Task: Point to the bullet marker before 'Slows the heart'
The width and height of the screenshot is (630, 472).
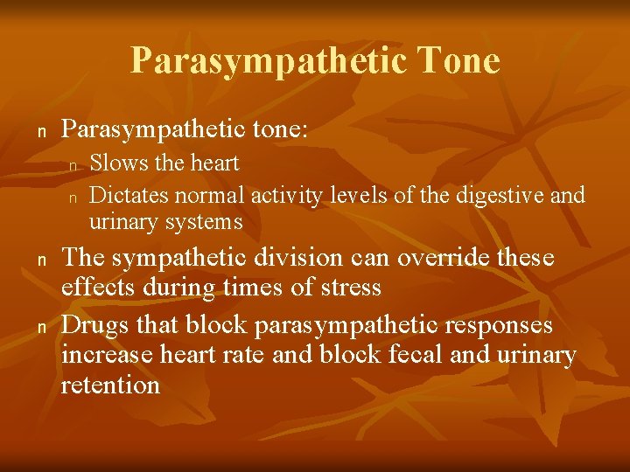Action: click(x=74, y=164)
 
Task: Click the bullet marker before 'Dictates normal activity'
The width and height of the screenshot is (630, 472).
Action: click(x=74, y=196)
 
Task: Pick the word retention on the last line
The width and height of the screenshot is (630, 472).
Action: click(x=110, y=385)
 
